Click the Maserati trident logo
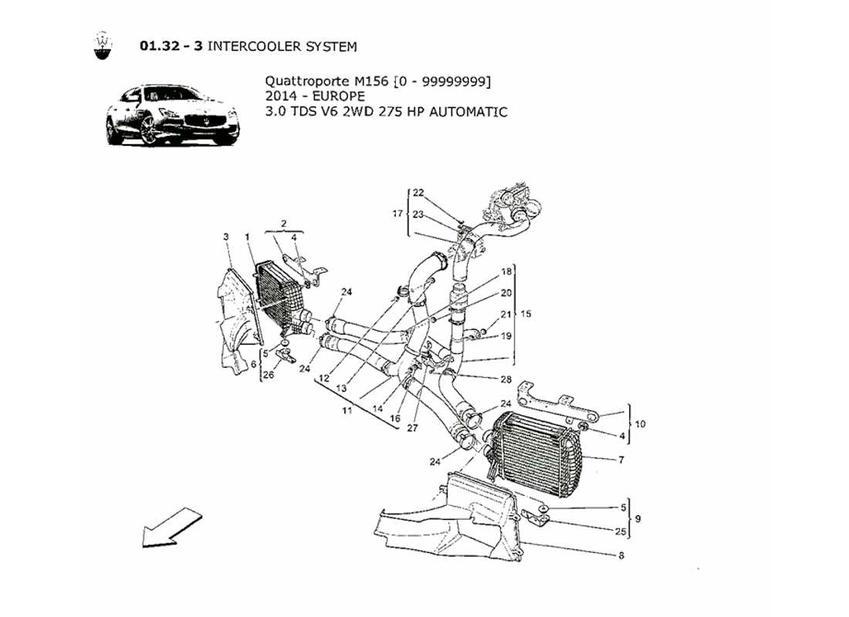point(102,46)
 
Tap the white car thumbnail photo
point(172,116)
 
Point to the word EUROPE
point(338,96)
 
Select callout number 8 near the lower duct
point(621,555)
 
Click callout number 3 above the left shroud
point(226,236)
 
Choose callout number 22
point(418,192)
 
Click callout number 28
point(506,379)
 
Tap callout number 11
point(348,410)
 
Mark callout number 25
point(621,532)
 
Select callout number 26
point(267,376)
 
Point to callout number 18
point(506,272)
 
